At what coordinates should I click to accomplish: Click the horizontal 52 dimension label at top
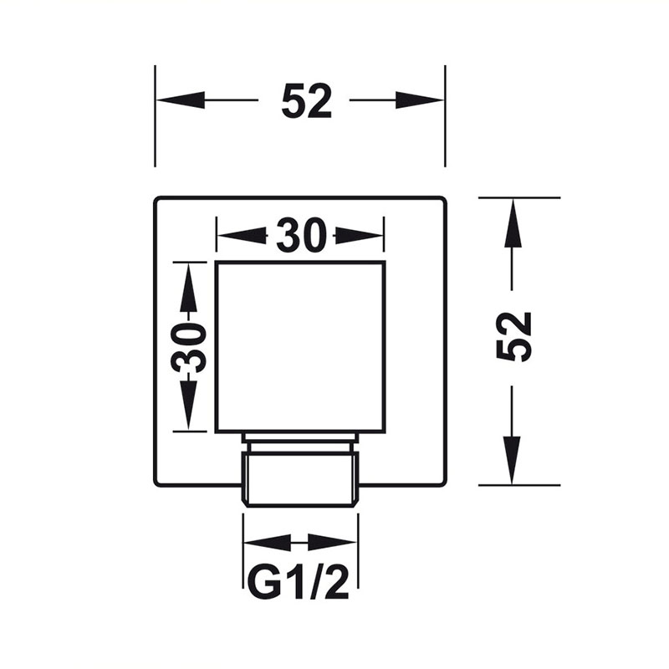(306, 100)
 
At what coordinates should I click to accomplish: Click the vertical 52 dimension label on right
(514, 337)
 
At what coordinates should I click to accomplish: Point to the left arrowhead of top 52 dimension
(181, 100)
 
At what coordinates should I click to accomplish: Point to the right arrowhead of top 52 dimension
(420, 100)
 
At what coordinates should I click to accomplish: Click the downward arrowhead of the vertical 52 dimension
(513, 461)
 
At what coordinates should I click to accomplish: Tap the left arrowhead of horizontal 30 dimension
(242, 235)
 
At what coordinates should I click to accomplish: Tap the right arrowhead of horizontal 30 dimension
(360, 235)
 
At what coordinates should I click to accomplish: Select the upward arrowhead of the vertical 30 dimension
(188, 287)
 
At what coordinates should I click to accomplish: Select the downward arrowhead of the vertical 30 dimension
(188, 406)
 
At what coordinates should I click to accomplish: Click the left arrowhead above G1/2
(267, 543)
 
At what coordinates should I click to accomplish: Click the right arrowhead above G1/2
(332, 543)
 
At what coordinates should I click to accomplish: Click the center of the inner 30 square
(300, 347)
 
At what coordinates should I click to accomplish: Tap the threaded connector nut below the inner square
(301, 479)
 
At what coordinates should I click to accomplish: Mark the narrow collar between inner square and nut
(301, 442)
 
